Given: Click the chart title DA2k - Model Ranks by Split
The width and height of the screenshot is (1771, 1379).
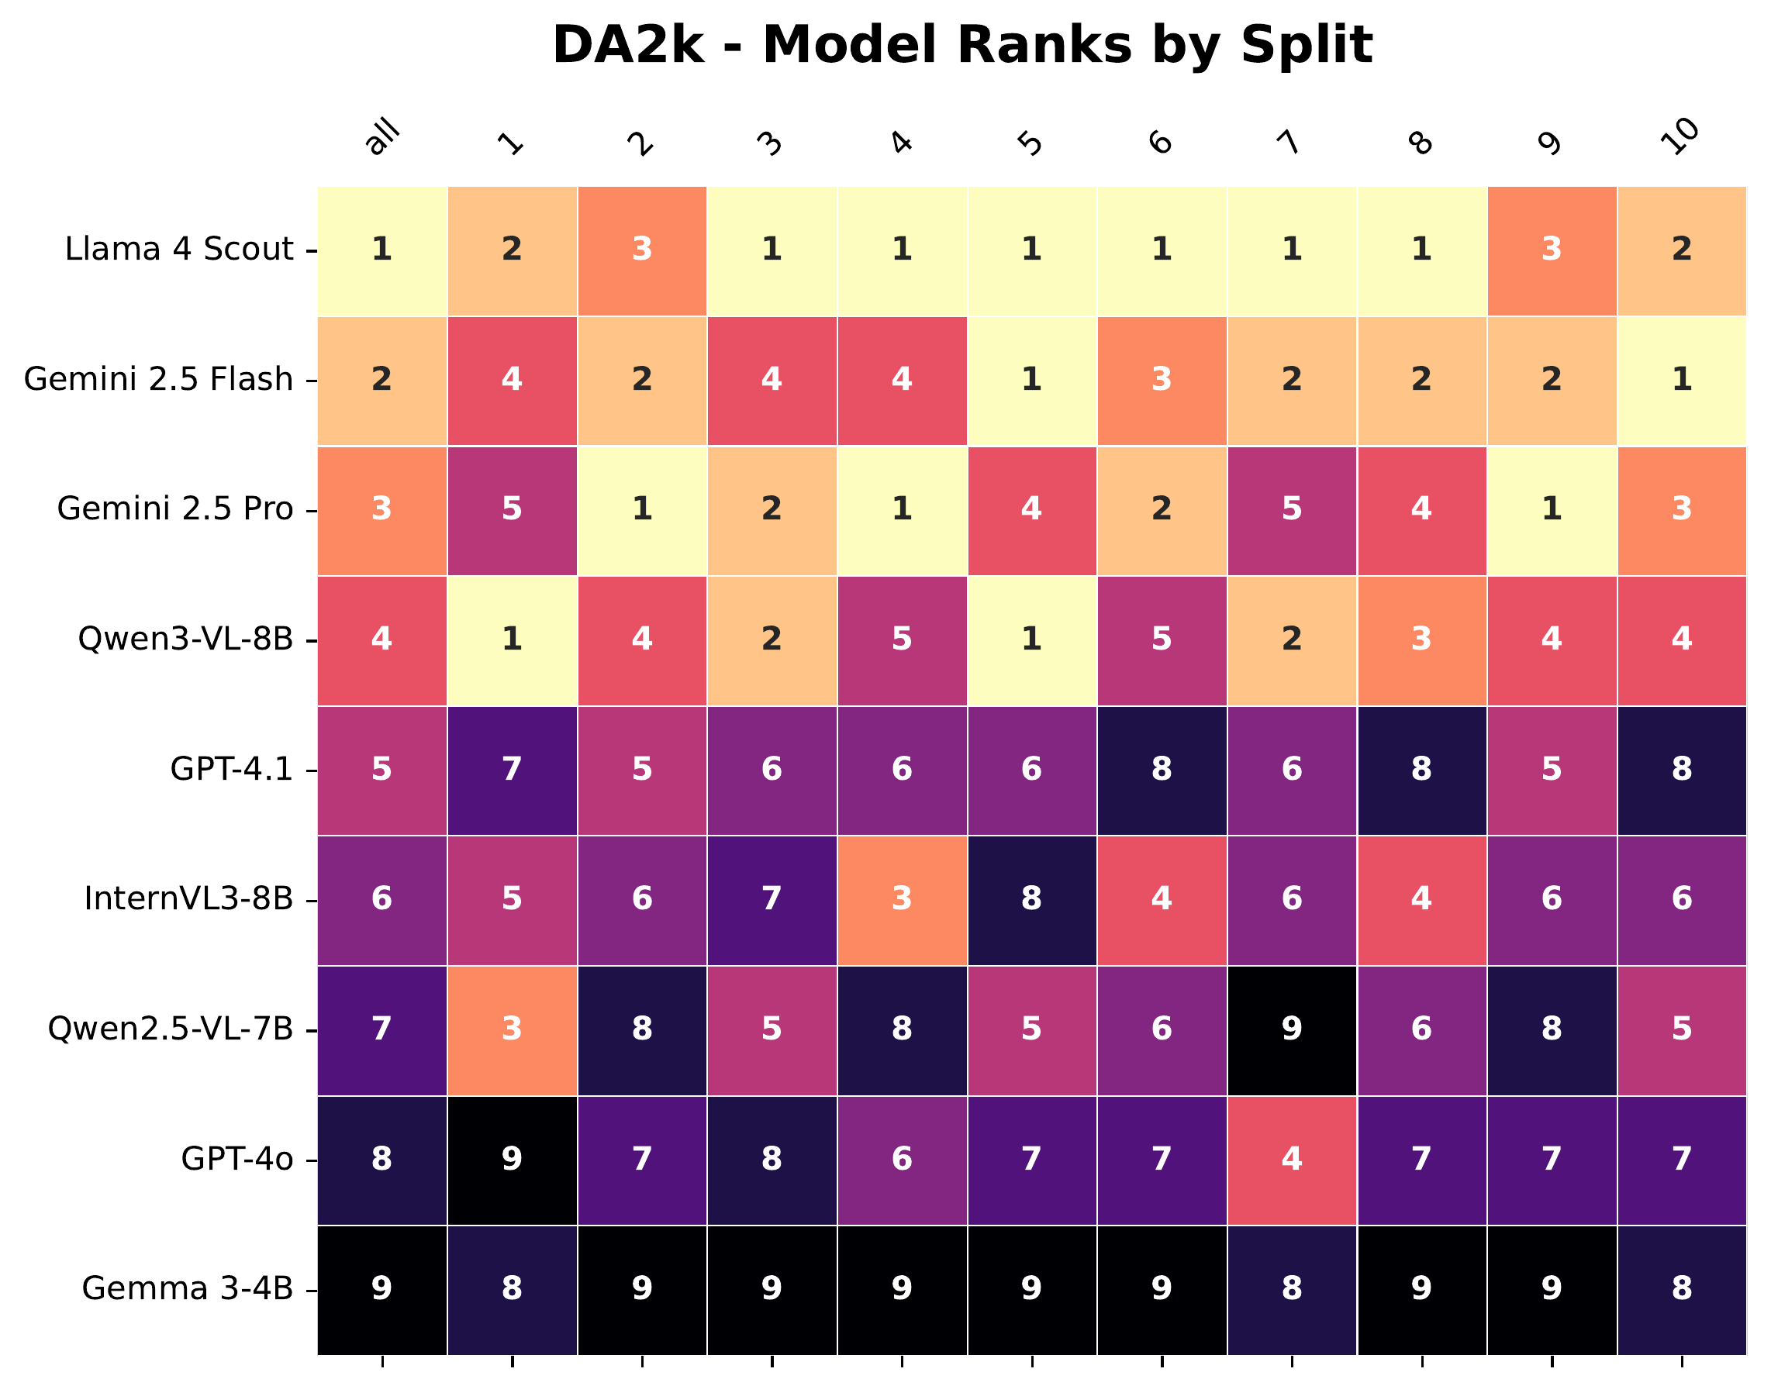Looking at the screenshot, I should point(961,45).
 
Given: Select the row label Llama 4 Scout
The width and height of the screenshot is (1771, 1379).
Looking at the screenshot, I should point(178,249).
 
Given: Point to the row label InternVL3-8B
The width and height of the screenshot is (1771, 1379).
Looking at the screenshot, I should point(188,898).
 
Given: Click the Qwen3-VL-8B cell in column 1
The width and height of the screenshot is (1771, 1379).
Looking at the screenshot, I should point(512,640).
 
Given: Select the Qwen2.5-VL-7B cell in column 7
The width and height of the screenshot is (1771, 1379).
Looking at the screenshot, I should point(1292,1029).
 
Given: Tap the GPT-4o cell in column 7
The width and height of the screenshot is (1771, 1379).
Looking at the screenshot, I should point(1292,1160).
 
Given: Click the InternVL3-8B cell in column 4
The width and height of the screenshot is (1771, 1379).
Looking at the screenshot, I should point(902,899).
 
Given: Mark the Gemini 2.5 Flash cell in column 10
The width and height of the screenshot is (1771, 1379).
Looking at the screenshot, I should point(1682,379).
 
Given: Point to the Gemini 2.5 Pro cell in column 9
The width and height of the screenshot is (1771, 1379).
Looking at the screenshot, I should point(1552,509).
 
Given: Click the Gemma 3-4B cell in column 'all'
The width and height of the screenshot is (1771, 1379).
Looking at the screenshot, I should point(382,1289).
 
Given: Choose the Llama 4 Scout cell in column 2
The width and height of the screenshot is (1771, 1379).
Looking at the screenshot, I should point(641,250).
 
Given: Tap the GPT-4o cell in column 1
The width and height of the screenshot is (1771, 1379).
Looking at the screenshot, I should point(512,1160).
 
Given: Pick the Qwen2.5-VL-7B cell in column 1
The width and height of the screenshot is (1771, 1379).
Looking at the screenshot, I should point(512,1029).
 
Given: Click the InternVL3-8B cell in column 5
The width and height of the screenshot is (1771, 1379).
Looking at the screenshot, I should point(1031,899).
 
